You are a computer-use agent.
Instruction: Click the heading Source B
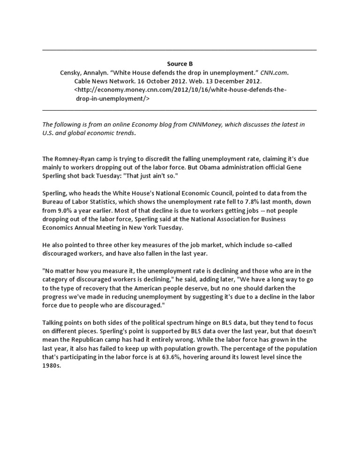(180, 64)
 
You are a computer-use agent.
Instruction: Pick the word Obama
(226, 167)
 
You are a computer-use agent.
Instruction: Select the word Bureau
(53, 202)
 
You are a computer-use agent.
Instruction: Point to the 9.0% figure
(67, 210)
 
